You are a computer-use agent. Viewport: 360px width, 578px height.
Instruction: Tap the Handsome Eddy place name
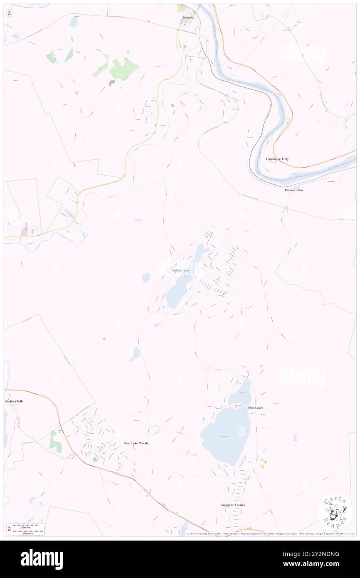coord(277,159)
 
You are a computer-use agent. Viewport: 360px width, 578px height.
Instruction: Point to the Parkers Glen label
coord(293,190)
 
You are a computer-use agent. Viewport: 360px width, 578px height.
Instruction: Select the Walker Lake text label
coord(180,271)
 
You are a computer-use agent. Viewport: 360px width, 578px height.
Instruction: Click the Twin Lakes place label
coord(255,408)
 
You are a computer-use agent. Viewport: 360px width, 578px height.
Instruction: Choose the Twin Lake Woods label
coord(136,443)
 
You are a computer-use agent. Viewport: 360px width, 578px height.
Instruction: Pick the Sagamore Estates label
coord(232,505)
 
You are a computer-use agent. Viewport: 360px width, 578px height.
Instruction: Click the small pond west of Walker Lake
coord(146,277)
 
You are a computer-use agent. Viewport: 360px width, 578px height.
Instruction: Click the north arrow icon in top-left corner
coord(9,13)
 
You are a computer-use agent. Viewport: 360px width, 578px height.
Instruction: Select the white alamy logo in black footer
coord(42,559)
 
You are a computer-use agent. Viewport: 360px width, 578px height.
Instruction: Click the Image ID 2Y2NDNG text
coord(320,554)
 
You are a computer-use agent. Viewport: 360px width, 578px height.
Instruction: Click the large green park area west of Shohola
coord(123,69)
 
